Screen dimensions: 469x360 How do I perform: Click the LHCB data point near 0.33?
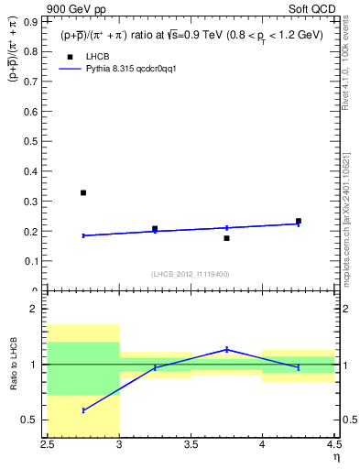(x=83, y=192)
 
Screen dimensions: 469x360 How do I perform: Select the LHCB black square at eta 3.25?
(x=155, y=229)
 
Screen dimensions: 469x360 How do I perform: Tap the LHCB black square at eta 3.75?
(x=226, y=238)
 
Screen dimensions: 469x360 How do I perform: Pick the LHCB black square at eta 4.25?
(x=299, y=221)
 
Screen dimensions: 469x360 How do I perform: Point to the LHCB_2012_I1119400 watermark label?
(x=191, y=274)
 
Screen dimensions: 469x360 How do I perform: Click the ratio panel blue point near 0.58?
(x=83, y=410)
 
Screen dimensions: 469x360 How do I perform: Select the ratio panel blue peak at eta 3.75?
(x=226, y=349)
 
